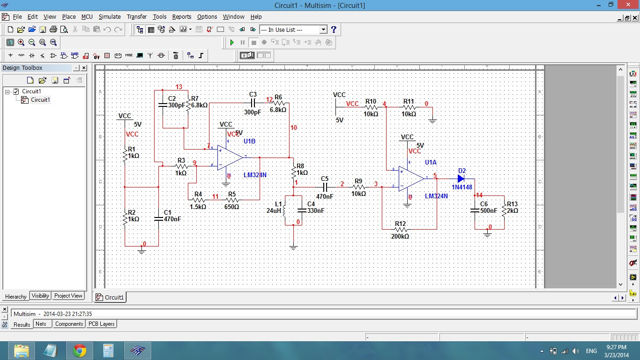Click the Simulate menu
coord(109,16)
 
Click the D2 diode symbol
coord(461,179)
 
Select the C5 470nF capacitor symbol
coord(324,187)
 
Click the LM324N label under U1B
coord(255,175)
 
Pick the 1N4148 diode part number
coord(461,187)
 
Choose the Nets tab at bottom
coord(41,324)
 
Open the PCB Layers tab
coord(101,324)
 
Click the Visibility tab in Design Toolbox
coord(40,296)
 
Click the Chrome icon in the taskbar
coord(80,350)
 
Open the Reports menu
coord(181,16)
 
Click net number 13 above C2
coord(179,87)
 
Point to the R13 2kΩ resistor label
coord(512,208)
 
